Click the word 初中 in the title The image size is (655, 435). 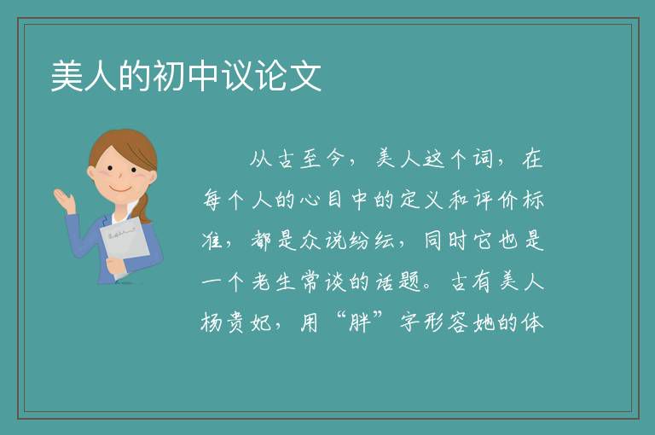(x=186, y=76)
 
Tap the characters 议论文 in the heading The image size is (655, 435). (x=271, y=76)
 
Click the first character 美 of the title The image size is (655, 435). (x=67, y=76)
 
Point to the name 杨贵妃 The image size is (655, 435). (x=236, y=323)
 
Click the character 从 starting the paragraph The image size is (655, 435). (x=261, y=159)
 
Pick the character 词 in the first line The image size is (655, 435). (x=484, y=159)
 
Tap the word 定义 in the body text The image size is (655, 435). (x=421, y=200)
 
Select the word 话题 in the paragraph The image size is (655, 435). (x=397, y=281)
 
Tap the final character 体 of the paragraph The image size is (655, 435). (x=532, y=322)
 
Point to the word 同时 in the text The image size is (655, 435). (x=445, y=241)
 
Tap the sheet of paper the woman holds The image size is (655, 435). (x=125, y=244)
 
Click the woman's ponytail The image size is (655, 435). (x=145, y=209)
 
